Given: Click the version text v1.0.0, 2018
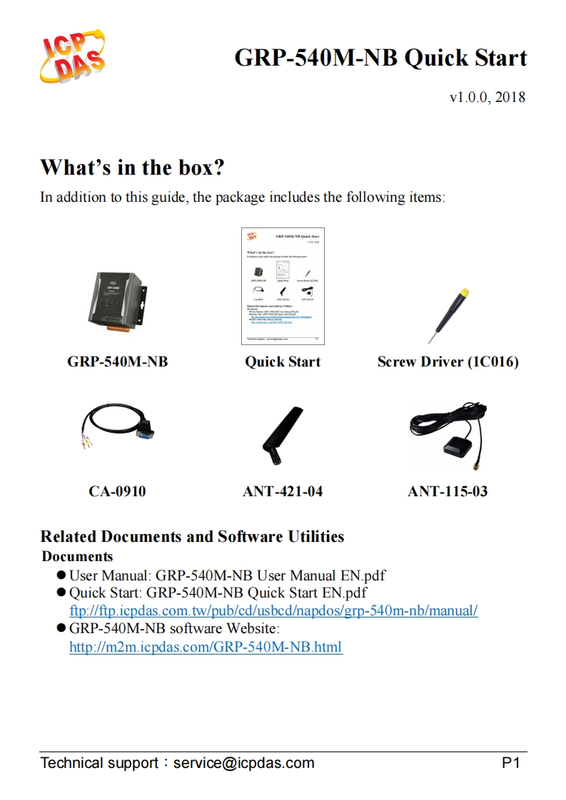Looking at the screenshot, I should pyautogui.click(x=487, y=97).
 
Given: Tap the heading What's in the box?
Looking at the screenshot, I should pyautogui.click(x=132, y=168).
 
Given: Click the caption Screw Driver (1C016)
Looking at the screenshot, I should pyautogui.click(x=448, y=361).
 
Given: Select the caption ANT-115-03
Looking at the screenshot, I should pyautogui.click(x=448, y=491).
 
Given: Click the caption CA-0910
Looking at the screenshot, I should pyautogui.click(x=117, y=491).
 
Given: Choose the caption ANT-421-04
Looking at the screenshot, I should pyautogui.click(x=283, y=491).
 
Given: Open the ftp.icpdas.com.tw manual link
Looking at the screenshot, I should pyautogui.click(x=273, y=611).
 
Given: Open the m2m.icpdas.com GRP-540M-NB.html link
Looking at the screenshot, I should pyautogui.click(x=206, y=647).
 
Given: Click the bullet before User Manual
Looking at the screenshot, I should pyautogui.click(x=61, y=575).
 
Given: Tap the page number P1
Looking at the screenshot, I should pyautogui.click(x=511, y=763).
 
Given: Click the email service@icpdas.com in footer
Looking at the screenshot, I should pyautogui.click(x=243, y=763).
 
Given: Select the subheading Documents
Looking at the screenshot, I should pyautogui.click(x=77, y=556).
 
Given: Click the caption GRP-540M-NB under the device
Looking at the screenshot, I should pyautogui.click(x=118, y=361).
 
